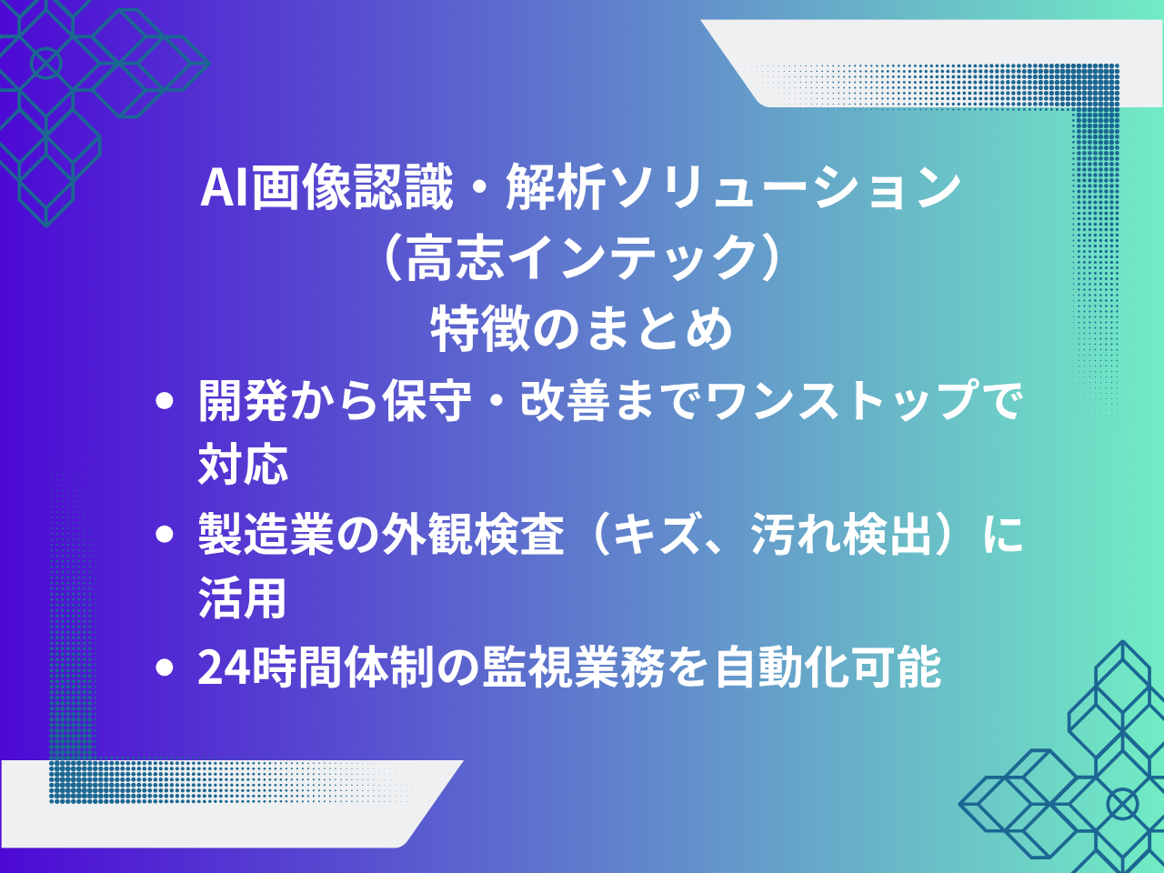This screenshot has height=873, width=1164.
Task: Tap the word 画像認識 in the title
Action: tap(352, 188)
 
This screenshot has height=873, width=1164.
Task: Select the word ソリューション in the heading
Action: tap(785, 188)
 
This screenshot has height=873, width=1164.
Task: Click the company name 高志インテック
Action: tap(582, 258)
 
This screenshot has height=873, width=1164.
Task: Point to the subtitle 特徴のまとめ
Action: tap(582, 328)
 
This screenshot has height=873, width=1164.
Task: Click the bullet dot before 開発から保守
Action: tap(165, 401)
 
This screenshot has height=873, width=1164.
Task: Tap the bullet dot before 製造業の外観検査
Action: tap(165, 535)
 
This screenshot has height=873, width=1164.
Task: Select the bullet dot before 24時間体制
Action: tap(165, 668)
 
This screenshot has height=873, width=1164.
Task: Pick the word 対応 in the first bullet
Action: tap(243, 465)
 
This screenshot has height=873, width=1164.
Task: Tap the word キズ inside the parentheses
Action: tap(659, 535)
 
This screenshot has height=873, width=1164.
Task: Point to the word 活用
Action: tap(243, 599)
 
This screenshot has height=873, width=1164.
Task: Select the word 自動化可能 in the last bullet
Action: tap(828, 668)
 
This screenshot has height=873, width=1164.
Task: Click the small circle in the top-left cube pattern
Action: tap(45, 64)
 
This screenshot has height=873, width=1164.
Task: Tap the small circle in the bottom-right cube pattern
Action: tap(1122, 804)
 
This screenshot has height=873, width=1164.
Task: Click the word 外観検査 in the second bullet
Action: tap(473, 535)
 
